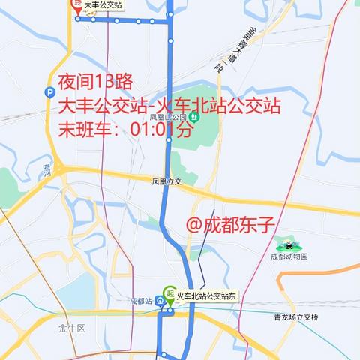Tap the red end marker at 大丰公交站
pos(77,4)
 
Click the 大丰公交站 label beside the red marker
pos(103,4)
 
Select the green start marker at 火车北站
pos(169,293)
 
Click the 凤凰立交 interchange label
pos(167,182)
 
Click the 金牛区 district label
pos(73,328)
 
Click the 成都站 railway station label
pos(140,301)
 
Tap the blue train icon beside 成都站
pos(160,301)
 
